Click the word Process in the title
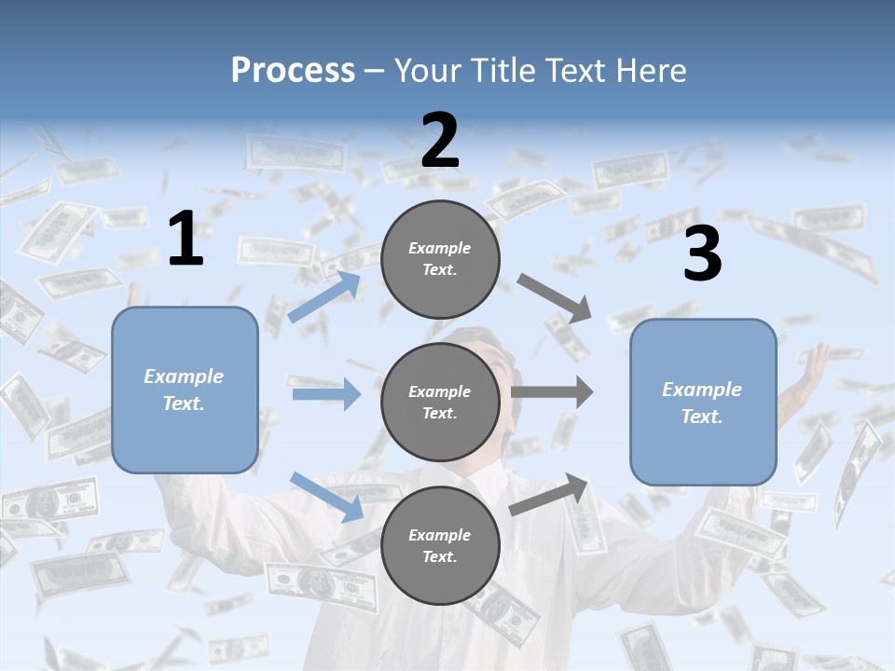click(x=293, y=70)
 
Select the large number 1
click(x=186, y=240)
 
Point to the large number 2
click(x=440, y=141)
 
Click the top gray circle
click(x=440, y=259)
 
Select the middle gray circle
click(x=440, y=403)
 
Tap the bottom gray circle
click(x=440, y=546)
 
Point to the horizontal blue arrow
click(x=326, y=394)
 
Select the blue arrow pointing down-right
click(x=326, y=497)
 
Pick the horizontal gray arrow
click(x=552, y=392)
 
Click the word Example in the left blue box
click(x=184, y=377)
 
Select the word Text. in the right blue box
click(x=702, y=417)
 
